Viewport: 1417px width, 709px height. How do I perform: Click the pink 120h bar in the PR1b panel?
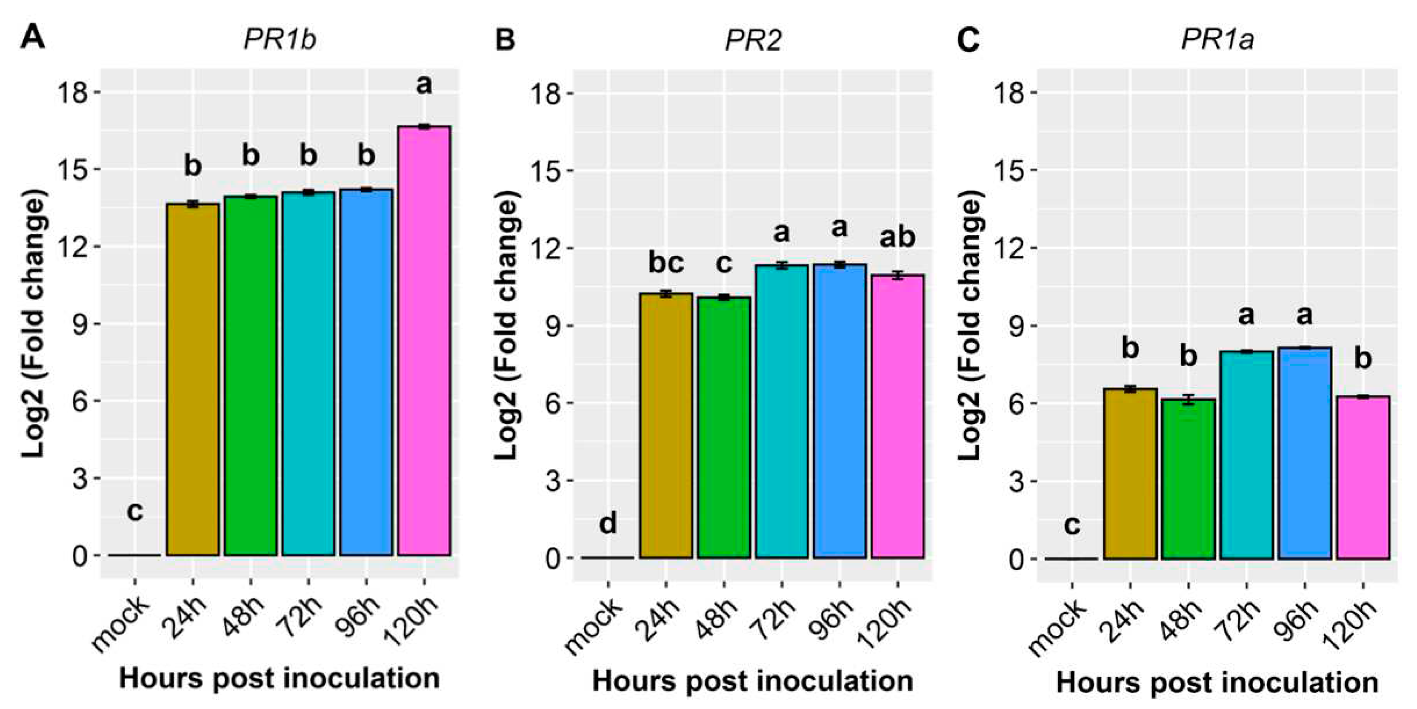tap(424, 341)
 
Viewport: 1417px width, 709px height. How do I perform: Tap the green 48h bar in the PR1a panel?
tap(1188, 479)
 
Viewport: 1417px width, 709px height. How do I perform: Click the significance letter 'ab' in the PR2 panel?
tap(897, 237)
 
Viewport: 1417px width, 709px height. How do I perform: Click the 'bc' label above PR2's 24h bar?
tap(666, 263)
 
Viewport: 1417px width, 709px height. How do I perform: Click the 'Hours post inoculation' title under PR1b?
tap(280, 679)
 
